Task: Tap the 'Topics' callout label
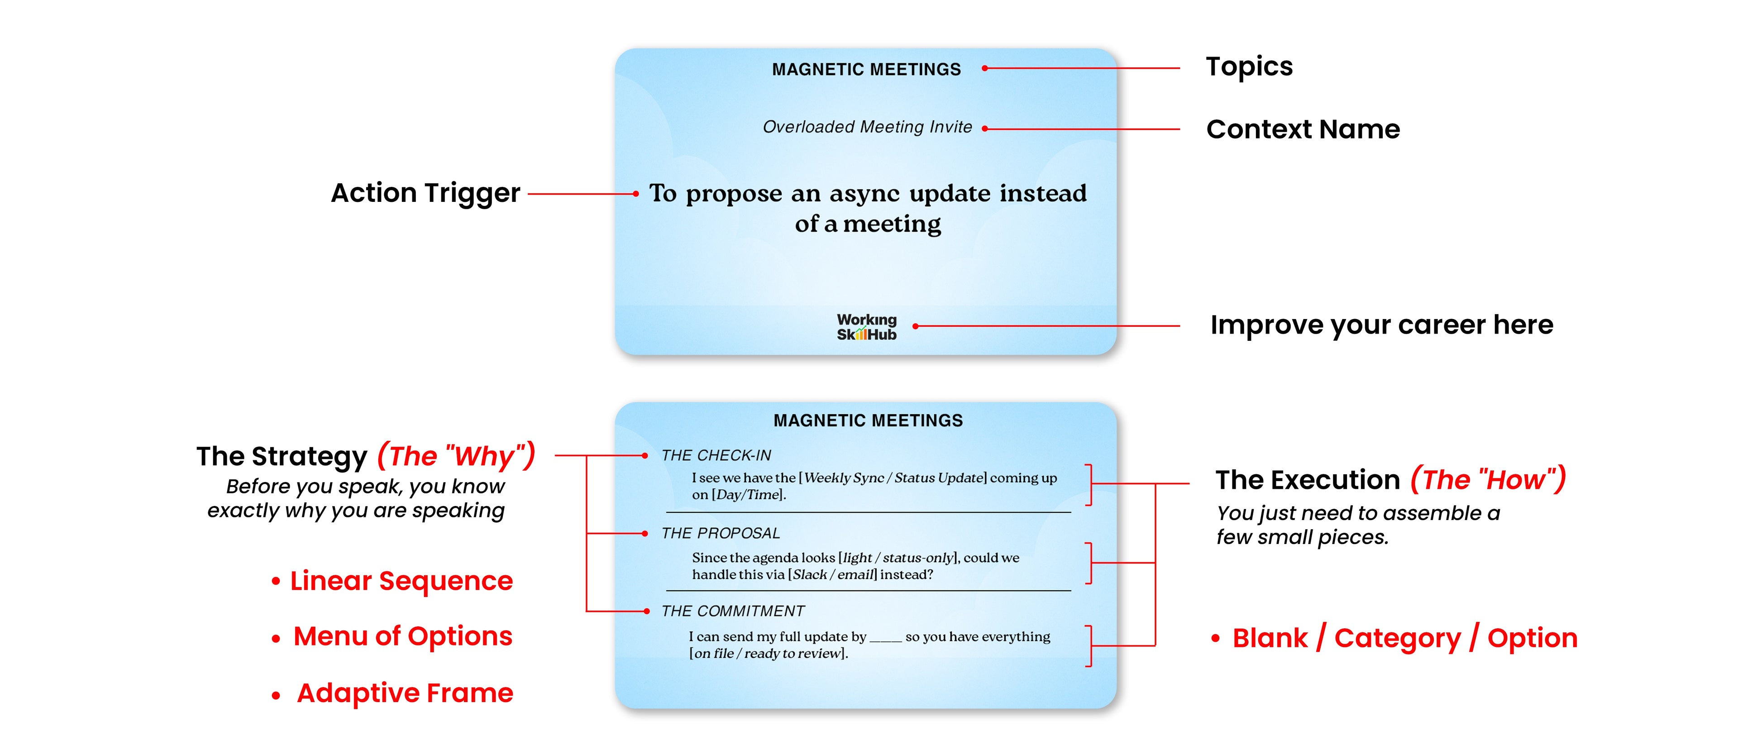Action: (x=1249, y=67)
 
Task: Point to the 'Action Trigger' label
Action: (x=425, y=193)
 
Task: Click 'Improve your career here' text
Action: (x=1381, y=325)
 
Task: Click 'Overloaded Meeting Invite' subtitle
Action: (x=867, y=127)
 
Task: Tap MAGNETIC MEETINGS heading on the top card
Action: (x=866, y=69)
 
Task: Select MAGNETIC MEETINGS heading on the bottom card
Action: (x=868, y=420)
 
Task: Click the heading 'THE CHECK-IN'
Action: (x=716, y=455)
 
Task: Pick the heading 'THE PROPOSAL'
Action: (x=721, y=533)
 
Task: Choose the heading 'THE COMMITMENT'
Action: (x=733, y=611)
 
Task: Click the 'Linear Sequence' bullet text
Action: (x=401, y=581)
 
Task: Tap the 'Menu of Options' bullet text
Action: (x=403, y=636)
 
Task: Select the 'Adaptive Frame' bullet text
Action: (x=405, y=693)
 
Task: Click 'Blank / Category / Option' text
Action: (x=1405, y=638)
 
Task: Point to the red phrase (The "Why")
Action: (x=456, y=456)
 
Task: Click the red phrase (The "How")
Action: (x=1488, y=479)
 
